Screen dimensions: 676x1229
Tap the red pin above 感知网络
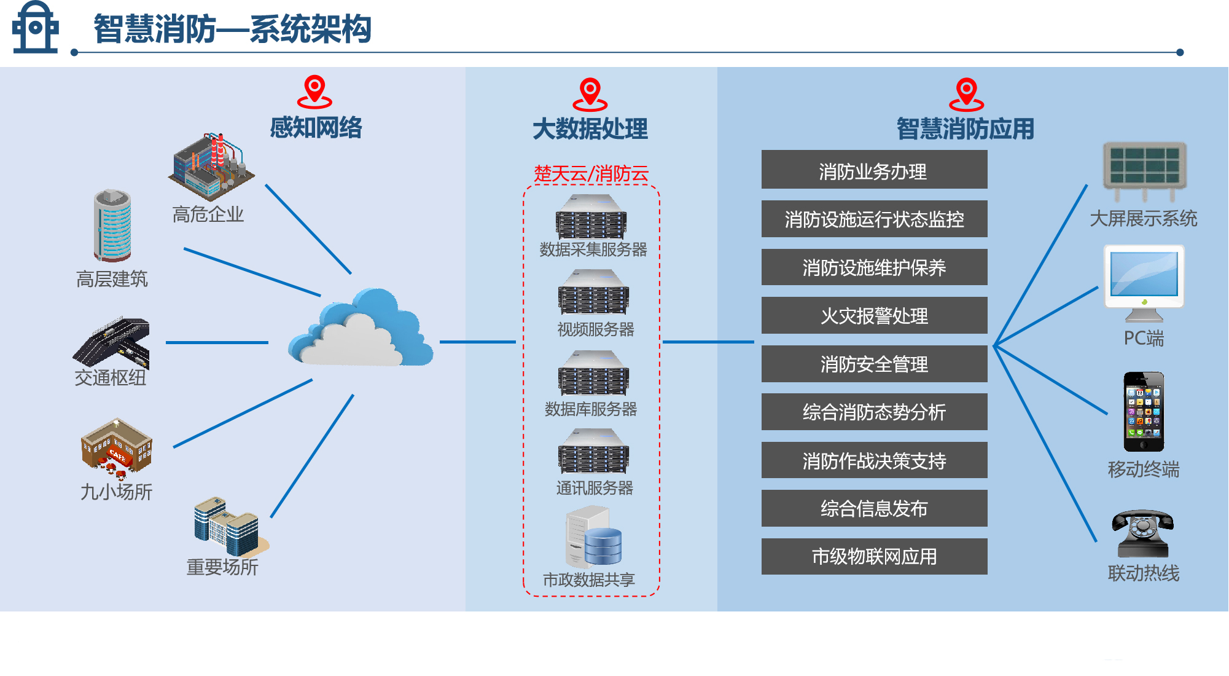pos(314,92)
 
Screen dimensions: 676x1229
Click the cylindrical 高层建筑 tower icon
pos(112,226)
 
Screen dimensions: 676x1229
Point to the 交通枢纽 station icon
pos(112,342)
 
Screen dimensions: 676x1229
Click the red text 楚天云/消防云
pos(591,174)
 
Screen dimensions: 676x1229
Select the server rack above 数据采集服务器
pos(591,217)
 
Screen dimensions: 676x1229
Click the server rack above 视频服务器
pos(593,293)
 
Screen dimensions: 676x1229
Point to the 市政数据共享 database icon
pos(593,536)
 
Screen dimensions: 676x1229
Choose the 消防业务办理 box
pos(874,170)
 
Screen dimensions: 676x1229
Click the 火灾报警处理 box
pos(874,316)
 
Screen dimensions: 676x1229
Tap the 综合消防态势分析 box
pos(874,412)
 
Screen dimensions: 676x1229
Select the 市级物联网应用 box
pos(874,557)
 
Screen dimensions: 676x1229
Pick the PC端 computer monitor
pos(1144,282)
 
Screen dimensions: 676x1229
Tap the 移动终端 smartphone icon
pos(1144,412)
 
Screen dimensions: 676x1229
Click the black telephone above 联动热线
pos(1142,533)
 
